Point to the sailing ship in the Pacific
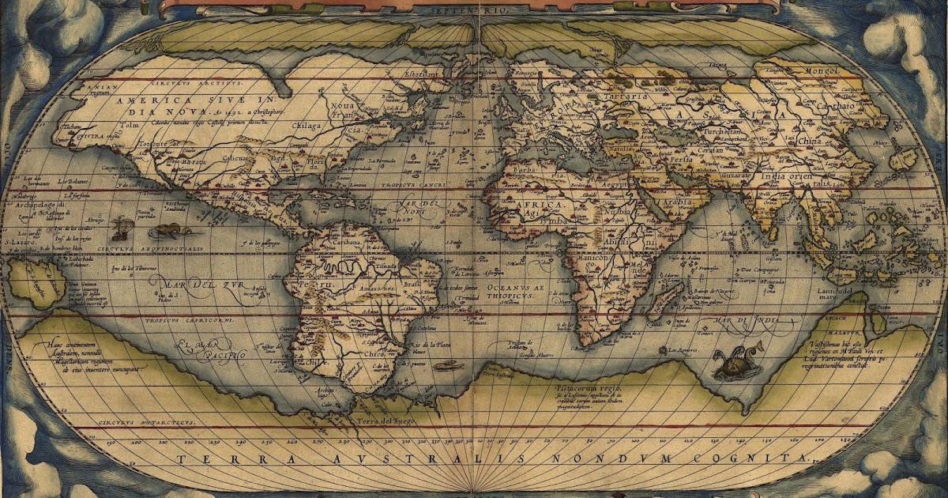pos(121,229)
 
